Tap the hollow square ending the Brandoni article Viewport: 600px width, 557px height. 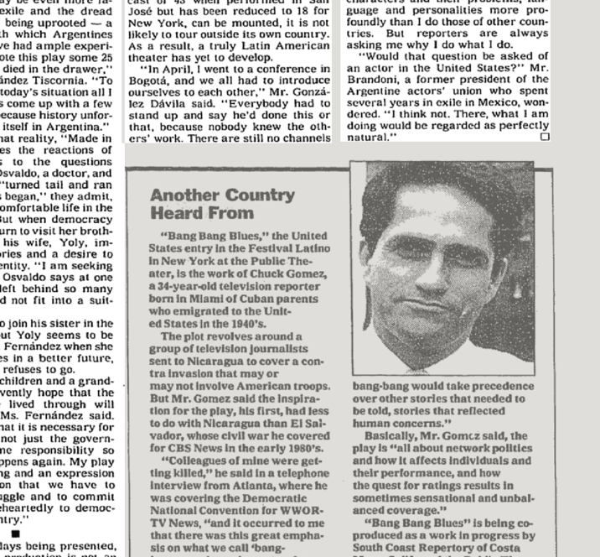[545, 136]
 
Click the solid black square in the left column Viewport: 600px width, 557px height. [14, 533]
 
